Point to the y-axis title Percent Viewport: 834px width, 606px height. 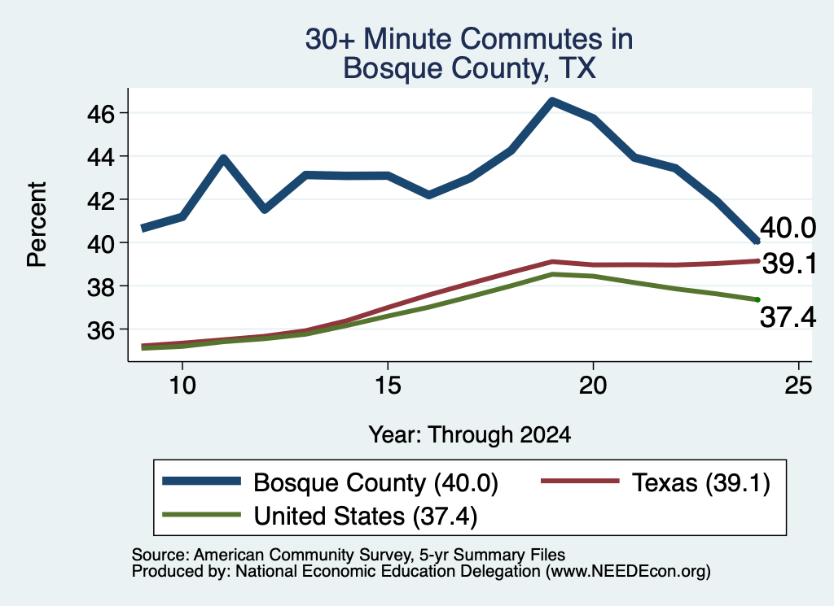37,225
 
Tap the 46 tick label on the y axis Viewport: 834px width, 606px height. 100,114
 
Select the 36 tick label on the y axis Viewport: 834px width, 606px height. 100,330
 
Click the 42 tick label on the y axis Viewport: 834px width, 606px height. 100,200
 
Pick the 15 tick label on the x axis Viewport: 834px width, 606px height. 388,385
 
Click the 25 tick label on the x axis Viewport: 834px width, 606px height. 798,385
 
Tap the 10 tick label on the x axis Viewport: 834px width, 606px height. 182,385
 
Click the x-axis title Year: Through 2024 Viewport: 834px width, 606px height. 470,434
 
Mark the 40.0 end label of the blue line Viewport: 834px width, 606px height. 788,228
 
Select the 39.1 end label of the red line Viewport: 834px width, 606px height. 789,264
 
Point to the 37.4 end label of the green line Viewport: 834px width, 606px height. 788,317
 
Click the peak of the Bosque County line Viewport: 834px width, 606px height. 552,100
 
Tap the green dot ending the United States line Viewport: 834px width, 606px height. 757,300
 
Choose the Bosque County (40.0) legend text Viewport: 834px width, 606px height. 375,483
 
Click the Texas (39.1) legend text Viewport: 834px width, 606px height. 701,483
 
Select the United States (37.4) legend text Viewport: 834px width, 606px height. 366,516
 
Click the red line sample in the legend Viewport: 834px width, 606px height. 580,481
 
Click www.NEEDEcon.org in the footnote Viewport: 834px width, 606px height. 628,572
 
